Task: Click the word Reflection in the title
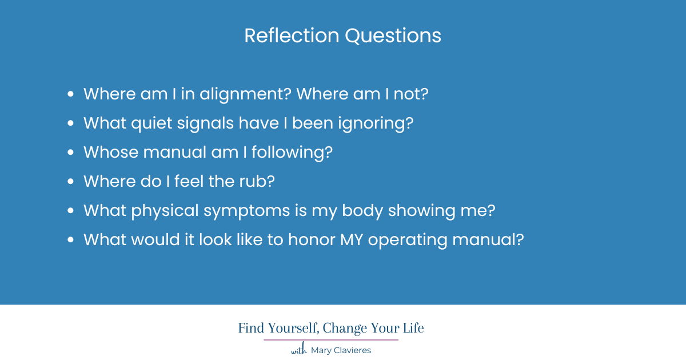(292, 36)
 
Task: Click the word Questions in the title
(393, 36)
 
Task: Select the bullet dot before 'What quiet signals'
(71, 123)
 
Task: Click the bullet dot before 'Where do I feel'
(71, 182)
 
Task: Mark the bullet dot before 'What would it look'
(71, 240)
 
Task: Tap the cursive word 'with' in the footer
(299, 350)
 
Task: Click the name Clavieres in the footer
(350, 350)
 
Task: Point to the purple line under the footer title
(331, 340)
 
